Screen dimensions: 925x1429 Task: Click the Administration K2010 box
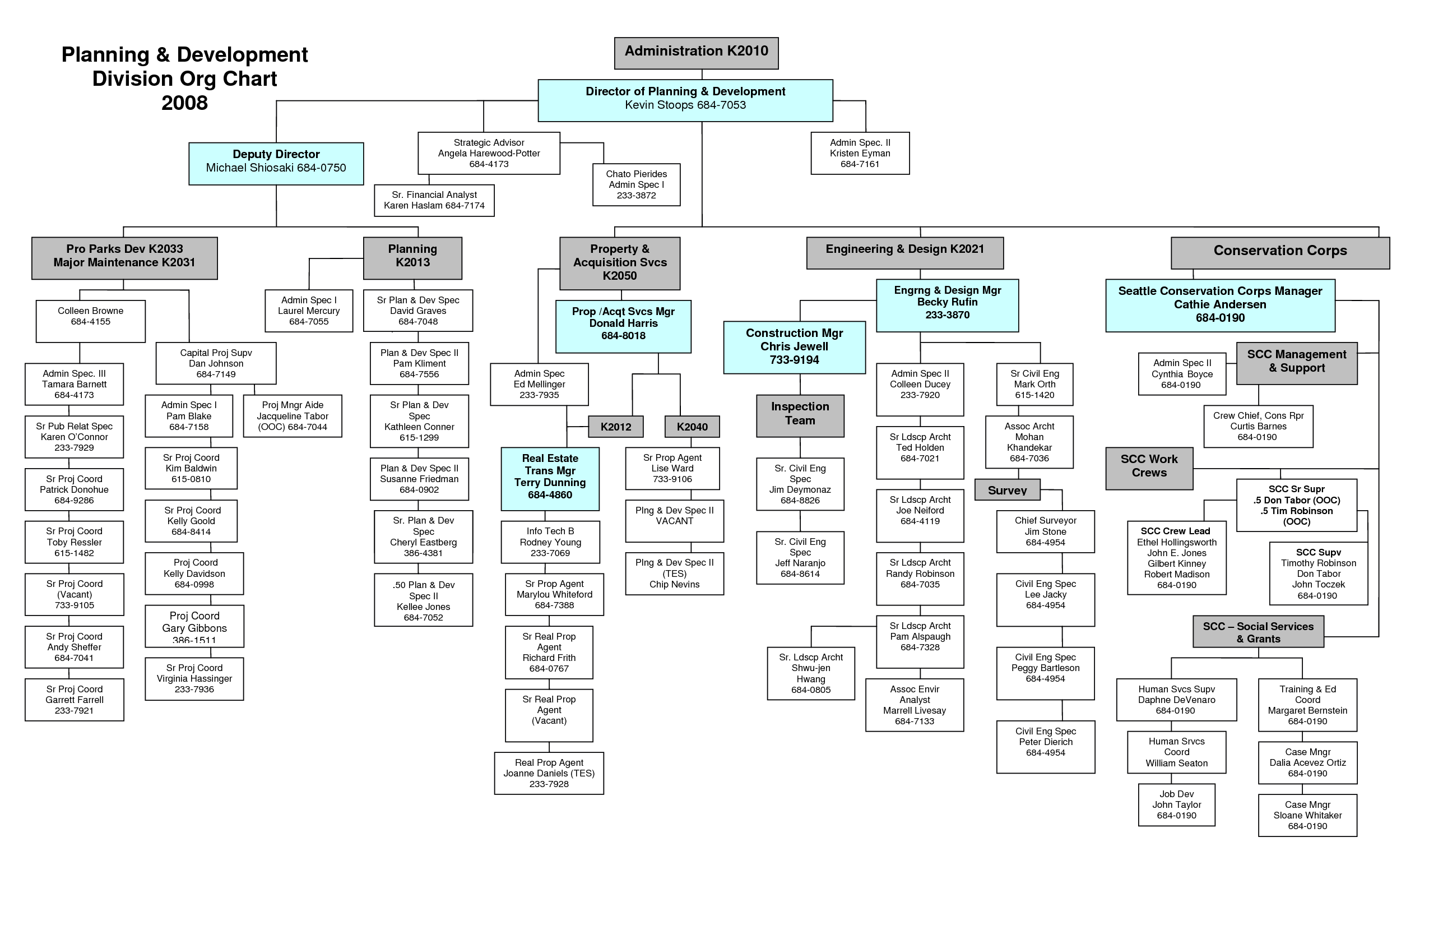[696, 53]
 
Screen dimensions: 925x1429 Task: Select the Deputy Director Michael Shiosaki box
[276, 163]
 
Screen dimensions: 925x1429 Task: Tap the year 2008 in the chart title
[184, 103]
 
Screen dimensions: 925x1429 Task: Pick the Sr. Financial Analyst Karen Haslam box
[434, 200]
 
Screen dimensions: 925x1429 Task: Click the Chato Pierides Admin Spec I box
[636, 184]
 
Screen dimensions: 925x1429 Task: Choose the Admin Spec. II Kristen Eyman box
[859, 153]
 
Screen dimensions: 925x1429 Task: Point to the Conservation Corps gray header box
[1279, 252]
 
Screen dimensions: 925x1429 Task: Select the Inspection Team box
[800, 415]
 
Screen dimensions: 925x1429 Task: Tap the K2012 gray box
[615, 427]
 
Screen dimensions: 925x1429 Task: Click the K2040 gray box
[692, 427]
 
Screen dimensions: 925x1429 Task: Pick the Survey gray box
[1007, 489]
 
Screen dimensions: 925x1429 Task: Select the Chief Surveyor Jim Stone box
[1045, 531]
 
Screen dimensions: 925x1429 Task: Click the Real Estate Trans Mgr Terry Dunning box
[549, 478]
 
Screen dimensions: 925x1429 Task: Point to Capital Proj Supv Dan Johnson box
[216, 363]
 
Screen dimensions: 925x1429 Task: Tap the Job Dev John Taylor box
[1176, 804]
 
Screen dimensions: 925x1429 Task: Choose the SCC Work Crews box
[1149, 468]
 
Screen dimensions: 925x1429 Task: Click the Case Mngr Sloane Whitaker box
[1307, 815]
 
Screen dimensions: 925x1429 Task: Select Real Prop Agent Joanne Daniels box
[548, 773]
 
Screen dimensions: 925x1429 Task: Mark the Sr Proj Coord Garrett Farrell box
[74, 700]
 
